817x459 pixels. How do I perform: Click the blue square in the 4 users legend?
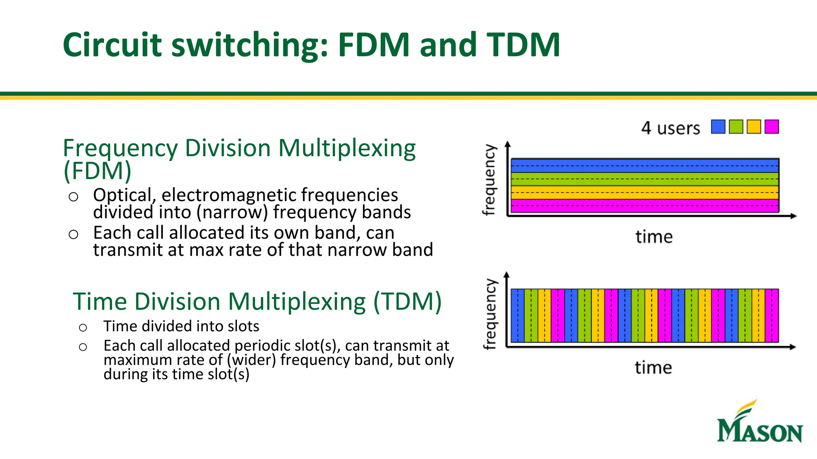[x=718, y=127]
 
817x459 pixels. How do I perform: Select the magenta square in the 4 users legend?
[x=772, y=127]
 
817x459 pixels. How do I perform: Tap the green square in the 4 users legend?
[x=736, y=127]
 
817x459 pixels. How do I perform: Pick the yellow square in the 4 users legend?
[x=754, y=127]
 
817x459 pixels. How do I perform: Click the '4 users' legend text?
[x=670, y=128]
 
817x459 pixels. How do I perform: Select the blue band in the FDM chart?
[x=645, y=166]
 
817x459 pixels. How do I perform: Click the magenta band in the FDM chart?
[x=645, y=206]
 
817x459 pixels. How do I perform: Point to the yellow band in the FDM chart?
[x=645, y=192]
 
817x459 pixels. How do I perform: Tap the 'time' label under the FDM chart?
[x=654, y=237]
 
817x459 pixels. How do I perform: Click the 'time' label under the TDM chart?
[x=653, y=367]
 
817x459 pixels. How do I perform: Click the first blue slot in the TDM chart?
[x=517, y=316]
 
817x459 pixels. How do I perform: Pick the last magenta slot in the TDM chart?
[x=772, y=316]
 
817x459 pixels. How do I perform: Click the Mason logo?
[x=759, y=423]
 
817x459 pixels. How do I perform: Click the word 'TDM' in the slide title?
[x=523, y=45]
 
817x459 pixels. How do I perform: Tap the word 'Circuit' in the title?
[x=112, y=45]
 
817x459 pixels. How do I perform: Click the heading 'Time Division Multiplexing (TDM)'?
[x=257, y=302]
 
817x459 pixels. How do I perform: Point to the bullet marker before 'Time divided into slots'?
[x=83, y=328]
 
